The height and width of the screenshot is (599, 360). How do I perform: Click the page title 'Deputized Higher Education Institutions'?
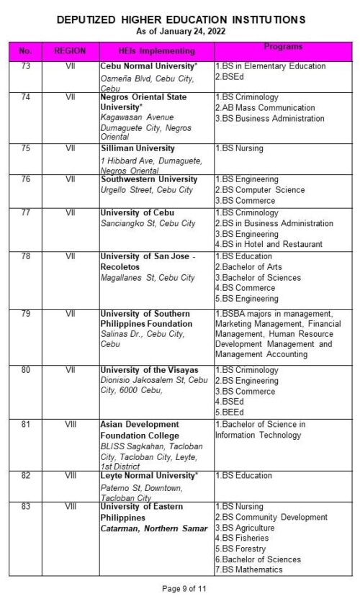pos(181,19)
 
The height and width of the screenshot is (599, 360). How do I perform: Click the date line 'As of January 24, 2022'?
pos(180,31)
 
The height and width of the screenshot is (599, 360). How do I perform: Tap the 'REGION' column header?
pos(70,51)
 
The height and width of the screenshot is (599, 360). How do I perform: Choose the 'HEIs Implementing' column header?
pos(156,51)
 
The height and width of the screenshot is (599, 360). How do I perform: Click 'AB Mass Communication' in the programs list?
pos(265,107)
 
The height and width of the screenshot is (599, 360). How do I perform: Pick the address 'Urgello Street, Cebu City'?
pos(147,190)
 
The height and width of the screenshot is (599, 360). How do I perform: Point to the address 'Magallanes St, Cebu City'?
pos(148,277)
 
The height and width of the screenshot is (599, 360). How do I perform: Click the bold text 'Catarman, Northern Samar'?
pos(148,529)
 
